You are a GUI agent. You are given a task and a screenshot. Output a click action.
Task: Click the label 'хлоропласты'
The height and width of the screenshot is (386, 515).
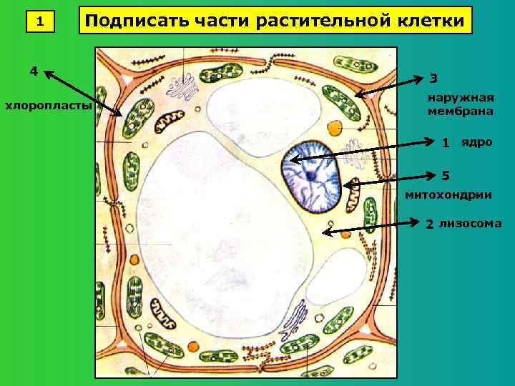pos(49,107)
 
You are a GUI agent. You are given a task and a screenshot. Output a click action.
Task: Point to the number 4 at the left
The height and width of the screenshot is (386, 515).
pos(34,71)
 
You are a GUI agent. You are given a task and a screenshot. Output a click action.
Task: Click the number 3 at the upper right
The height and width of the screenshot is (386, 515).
pos(434,78)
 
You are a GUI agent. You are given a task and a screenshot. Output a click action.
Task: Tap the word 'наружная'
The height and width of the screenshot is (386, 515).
pos(461,97)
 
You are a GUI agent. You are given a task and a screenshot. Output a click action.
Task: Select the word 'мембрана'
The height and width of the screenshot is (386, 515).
pos(460,112)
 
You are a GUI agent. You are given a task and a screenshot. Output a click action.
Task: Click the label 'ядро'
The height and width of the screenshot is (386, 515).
pos(476,142)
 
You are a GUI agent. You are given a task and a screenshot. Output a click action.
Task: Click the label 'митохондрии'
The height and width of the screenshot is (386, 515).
pos(448,194)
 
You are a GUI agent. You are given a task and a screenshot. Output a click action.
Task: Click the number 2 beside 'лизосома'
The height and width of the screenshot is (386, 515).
pos(429,224)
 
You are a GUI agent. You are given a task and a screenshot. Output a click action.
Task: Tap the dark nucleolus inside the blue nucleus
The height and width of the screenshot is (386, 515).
pos(310,175)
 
